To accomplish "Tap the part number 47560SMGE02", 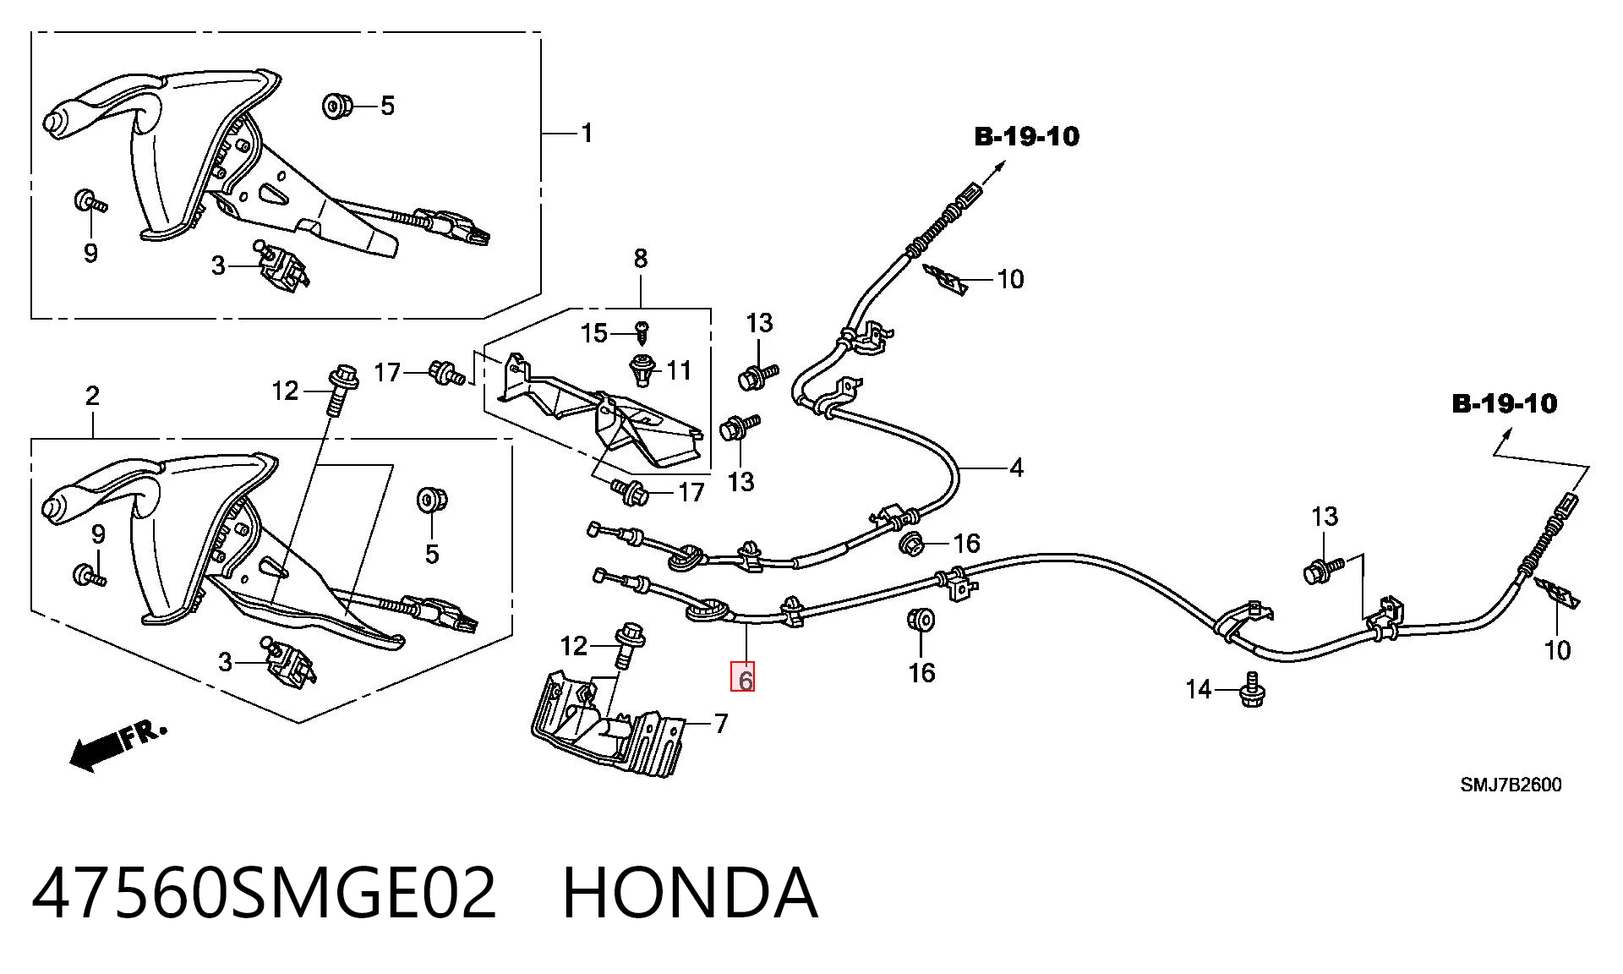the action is tap(264, 893).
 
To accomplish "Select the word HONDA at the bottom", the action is tap(690, 893).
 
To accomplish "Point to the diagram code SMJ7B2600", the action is tap(1511, 785).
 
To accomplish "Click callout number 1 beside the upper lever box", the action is tap(587, 133).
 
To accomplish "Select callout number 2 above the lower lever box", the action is tap(92, 395).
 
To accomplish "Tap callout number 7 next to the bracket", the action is tap(640, 259).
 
